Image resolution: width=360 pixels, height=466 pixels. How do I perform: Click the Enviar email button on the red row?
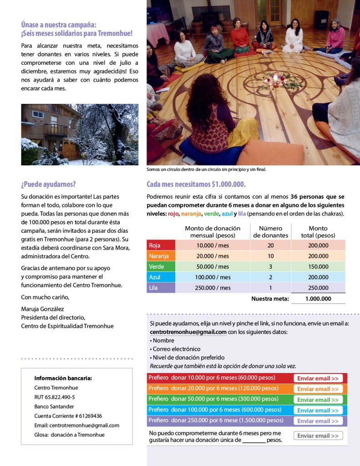[318, 379]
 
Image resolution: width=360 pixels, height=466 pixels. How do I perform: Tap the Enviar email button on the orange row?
[318, 389]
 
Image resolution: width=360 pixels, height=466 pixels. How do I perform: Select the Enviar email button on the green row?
[318, 400]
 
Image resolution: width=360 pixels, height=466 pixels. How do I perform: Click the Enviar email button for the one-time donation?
[318, 436]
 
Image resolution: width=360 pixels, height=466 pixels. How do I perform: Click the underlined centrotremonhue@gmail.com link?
[188, 332]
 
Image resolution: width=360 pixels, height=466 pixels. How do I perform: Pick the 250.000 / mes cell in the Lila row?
[213, 288]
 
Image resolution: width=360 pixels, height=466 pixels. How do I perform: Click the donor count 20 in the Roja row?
[270, 245]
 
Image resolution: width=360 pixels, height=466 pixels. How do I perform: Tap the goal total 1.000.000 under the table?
[318, 299]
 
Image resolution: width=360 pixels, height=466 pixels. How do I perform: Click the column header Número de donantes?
[270, 232]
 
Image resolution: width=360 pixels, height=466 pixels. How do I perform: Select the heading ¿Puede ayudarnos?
[48, 184]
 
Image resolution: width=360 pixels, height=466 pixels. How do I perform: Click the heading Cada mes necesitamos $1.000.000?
[196, 184]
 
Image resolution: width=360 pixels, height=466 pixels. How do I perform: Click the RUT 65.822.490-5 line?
[55, 397]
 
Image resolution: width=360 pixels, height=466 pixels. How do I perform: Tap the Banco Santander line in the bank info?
[54, 406]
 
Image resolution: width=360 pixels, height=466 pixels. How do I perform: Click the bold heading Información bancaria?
[63, 378]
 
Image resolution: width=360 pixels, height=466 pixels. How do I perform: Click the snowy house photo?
[80, 134]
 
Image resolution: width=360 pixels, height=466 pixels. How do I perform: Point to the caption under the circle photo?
[206, 169]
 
